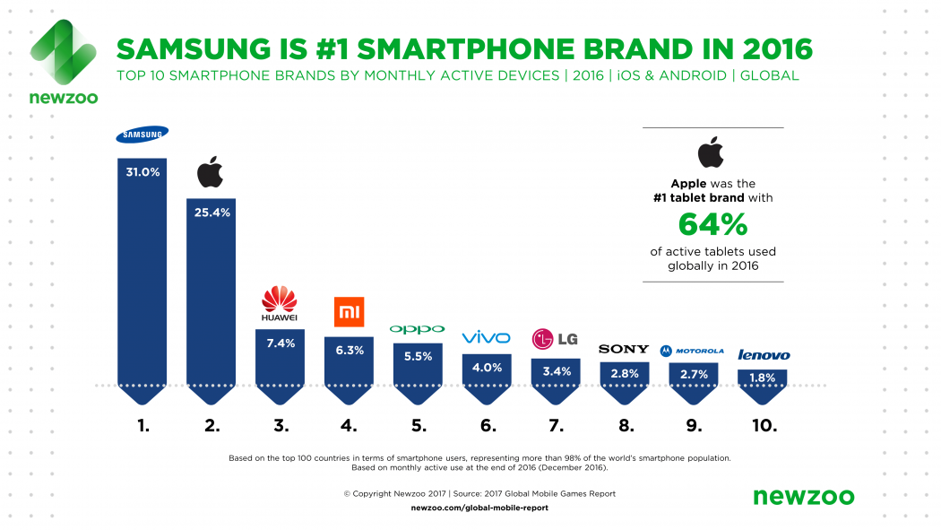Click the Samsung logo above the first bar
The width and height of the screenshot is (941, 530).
pos(142,135)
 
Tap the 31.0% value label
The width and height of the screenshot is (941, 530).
pos(142,171)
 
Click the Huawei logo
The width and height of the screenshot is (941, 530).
pos(279,304)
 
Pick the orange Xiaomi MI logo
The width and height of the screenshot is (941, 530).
pos(348,311)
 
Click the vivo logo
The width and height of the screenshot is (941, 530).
pos(486,337)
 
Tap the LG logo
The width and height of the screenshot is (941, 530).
pos(555,339)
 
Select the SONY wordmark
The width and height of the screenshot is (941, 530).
pos(623,349)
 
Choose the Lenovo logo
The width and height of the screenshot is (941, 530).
pos(763,355)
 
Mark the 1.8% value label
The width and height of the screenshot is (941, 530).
pos(762,378)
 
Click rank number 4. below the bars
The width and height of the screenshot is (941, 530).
pos(349,426)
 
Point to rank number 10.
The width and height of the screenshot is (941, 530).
pos(763,426)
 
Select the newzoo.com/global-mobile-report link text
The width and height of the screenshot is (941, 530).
pos(479,508)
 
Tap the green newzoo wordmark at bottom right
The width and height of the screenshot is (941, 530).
pos(803,496)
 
